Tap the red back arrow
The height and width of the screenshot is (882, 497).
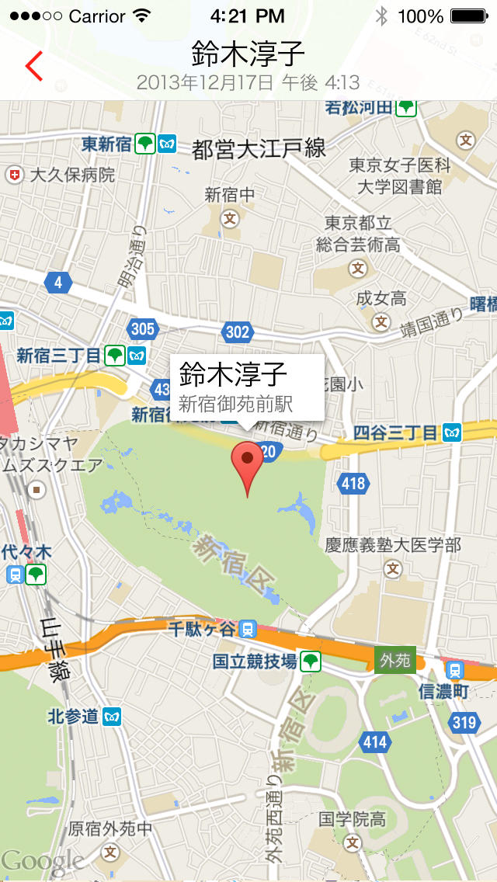[x=33, y=66]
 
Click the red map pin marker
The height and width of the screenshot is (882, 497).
[x=248, y=462]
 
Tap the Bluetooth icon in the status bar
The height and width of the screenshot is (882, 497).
[x=381, y=16]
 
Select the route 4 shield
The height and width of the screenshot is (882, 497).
[x=58, y=283]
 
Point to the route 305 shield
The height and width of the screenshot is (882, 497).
[x=143, y=329]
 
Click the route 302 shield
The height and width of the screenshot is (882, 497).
[x=238, y=332]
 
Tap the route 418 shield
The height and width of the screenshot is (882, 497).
[x=353, y=484]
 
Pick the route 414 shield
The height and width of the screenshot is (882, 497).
[x=374, y=742]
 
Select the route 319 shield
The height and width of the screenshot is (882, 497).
[x=464, y=723]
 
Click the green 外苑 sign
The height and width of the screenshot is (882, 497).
[x=394, y=661]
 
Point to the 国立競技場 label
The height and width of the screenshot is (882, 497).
[x=255, y=661]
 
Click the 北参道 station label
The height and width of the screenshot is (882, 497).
[x=74, y=716]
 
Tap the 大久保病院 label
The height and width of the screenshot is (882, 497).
[x=71, y=175]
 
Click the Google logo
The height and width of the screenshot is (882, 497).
[x=43, y=860]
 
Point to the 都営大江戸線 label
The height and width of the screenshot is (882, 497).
[x=259, y=148]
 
